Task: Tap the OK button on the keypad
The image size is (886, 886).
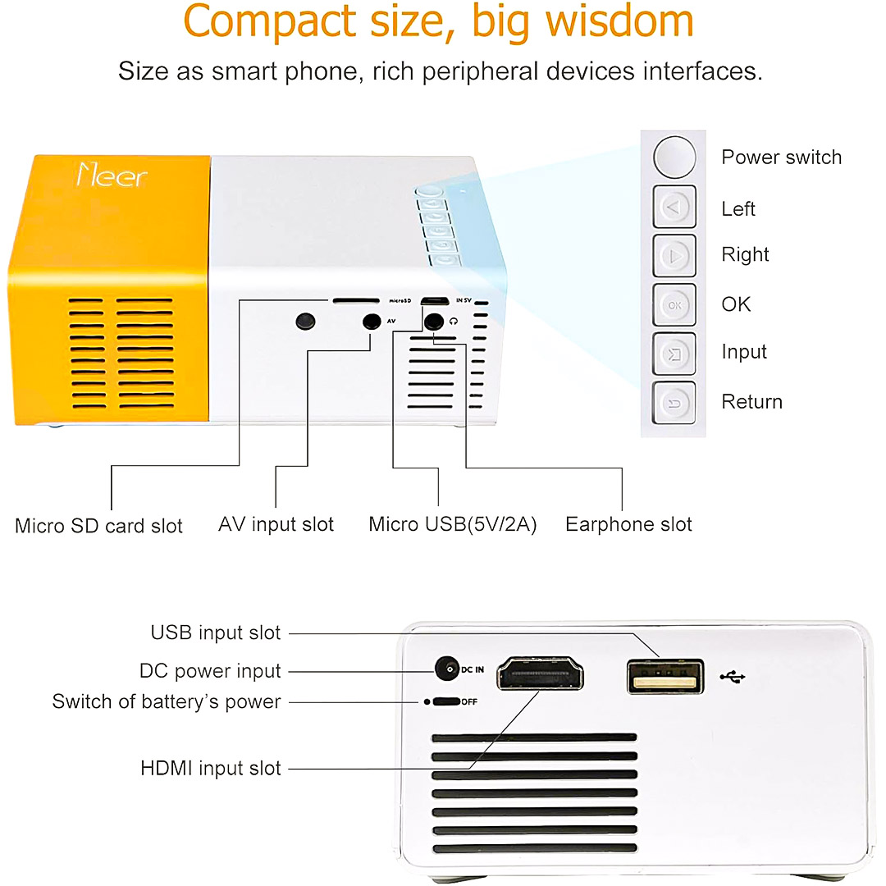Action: (674, 305)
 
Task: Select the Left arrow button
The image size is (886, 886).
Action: (674, 207)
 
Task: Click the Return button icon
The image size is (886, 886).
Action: (674, 403)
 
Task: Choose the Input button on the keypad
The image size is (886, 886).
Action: (674, 354)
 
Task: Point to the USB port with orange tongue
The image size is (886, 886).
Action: (665, 676)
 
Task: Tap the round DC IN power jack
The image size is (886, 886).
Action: (447, 669)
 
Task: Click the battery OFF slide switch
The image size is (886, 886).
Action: (445, 701)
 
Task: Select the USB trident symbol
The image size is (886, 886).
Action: (733, 677)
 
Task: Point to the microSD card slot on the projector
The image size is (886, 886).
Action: (355, 301)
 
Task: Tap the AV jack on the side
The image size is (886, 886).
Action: (373, 322)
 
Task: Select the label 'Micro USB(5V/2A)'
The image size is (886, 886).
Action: (452, 524)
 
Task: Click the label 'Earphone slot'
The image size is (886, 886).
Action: (628, 524)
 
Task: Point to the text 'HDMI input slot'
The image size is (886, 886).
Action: (211, 769)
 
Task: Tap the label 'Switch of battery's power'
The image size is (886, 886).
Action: (167, 702)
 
